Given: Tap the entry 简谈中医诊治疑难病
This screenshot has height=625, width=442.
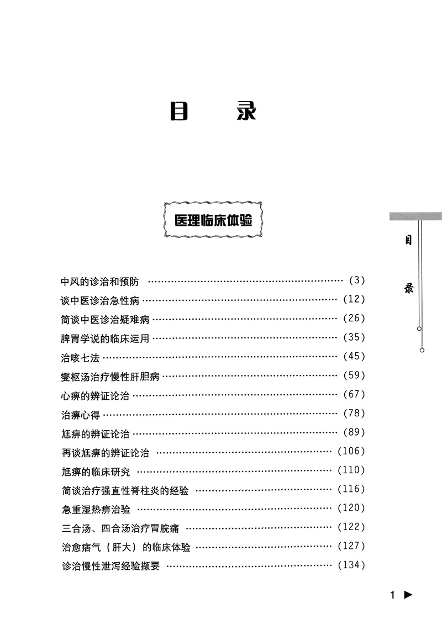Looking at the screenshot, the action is (105, 319).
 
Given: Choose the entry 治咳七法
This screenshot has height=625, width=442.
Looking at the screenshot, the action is (80, 357).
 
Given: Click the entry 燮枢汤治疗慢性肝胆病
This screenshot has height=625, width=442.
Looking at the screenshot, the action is (110, 377).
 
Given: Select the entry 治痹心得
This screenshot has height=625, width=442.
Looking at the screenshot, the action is (80, 414).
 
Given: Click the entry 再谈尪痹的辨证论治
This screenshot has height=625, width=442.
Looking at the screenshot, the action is (105, 453).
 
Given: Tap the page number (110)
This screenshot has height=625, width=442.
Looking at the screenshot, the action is (351, 470).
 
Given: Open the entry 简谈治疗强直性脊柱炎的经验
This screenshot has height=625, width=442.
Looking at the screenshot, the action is (125, 490).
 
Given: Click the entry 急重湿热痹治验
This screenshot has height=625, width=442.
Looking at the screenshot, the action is (96, 509).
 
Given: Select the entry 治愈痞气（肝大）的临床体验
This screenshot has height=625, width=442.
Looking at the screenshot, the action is (126, 547).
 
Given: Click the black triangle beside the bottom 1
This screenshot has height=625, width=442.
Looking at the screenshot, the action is (408, 595).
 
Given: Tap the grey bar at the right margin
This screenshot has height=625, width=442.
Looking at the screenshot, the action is (415, 216).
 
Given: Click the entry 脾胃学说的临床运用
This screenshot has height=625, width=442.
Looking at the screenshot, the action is (105, 338).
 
